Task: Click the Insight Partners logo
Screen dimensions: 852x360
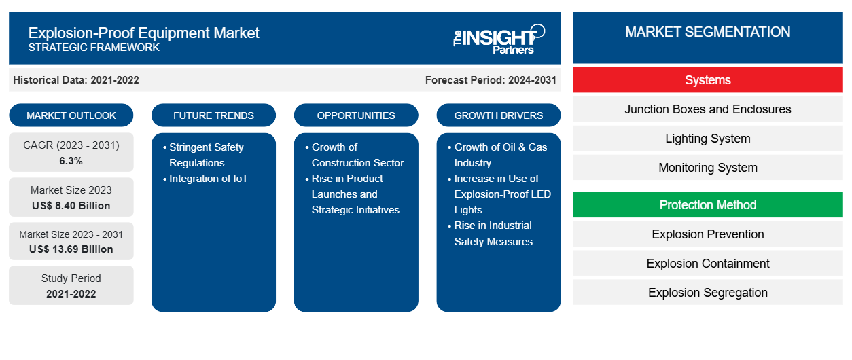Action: (x=499, y=39)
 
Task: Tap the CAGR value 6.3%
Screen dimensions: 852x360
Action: (x=71, y=161)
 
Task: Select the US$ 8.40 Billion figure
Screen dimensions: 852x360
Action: (x=71, y=206)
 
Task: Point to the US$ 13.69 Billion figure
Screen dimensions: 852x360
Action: (x=71, y=249)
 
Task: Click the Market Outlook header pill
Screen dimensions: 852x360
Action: (x=71, y=115)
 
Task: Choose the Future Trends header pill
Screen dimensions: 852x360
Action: (x=213, y=115)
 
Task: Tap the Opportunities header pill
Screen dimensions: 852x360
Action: (x=356, y=115)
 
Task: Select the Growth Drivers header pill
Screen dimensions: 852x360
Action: (x=498, y=115)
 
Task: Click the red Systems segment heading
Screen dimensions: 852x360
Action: (x=707, y=80)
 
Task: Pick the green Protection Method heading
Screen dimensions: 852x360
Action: (x=707, y=205)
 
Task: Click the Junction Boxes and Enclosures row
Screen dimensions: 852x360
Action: (x=707, y=109)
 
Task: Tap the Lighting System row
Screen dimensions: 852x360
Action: (x=707, y=139)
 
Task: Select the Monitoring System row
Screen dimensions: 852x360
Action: (x=707, y=168)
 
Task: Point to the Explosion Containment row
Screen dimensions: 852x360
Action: (x=707, y=263)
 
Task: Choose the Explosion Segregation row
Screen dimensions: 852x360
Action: (x=707, y=292)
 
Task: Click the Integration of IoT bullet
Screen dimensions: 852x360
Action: (x=205, y=179)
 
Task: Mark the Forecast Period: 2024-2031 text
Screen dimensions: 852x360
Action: (x=491, y=80)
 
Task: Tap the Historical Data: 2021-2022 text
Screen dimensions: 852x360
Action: (x=76, y=80)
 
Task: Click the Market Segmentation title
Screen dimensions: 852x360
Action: (x=707, y=32)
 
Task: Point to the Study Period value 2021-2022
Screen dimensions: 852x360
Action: (x=71, y=294)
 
